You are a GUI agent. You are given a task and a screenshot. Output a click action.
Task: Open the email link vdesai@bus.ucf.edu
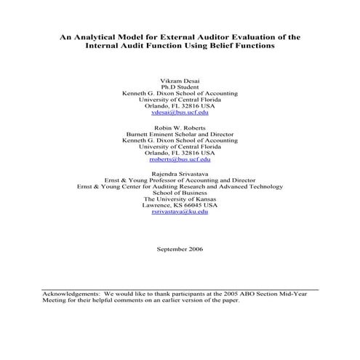click(x=180, y=113)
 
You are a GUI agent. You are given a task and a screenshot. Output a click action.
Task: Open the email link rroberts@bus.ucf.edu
click(x=180, y=161)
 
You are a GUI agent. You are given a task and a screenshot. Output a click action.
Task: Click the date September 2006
click(x=180, y=249)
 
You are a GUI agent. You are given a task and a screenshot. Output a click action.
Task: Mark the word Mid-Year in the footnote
click(x=303, y=293)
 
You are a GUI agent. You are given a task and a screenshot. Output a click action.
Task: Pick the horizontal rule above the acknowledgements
click(x=180, y=288)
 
